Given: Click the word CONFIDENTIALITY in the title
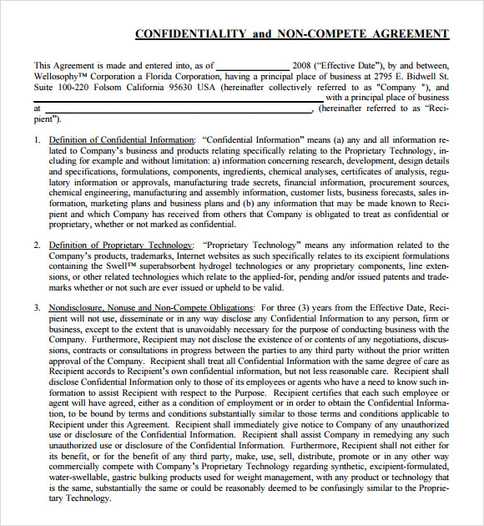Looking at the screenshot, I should click(190, 34).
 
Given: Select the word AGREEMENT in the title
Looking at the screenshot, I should click(406, 34).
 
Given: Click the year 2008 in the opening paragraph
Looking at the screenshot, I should click(302, 65).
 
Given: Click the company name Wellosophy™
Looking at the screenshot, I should click(61, 76).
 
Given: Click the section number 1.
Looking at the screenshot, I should click(37, 140).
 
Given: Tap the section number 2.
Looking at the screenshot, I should click(37, 245).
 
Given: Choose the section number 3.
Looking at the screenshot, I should click(37, 308).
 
